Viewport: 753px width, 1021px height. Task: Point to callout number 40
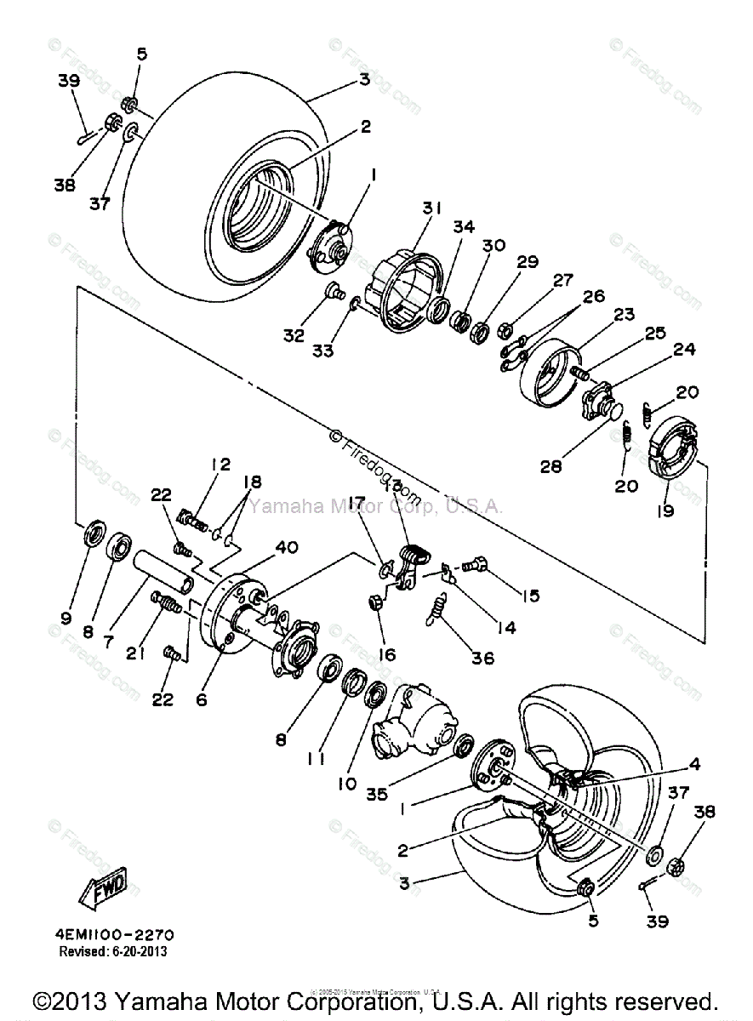pos(286,547)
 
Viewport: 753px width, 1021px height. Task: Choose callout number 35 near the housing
pos(377,794)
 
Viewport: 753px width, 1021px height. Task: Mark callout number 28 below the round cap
pos(551,466)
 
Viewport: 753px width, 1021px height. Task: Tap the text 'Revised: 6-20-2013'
pos(112,951)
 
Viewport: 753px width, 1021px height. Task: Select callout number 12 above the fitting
pos(221,465)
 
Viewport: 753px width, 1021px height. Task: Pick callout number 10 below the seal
pos(346,784)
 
